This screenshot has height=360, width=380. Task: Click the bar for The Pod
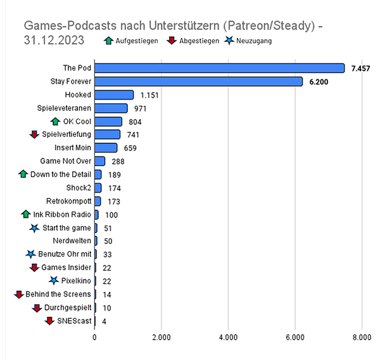point(219,68)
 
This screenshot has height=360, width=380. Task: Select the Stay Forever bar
point(198,82)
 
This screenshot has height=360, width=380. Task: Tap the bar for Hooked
point(114,95)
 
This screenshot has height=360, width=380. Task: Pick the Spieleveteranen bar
point(111,108)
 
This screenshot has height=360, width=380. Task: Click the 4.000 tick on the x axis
point(228,337)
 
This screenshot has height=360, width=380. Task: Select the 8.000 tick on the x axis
point(362,337)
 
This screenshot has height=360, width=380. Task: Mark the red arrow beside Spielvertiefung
point(35,135)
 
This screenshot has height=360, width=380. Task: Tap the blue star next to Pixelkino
point(54,281)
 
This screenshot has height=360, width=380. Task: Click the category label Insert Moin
point(70,148)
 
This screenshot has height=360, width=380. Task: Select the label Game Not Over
point(65,161)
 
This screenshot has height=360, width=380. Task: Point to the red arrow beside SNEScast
point(49,321)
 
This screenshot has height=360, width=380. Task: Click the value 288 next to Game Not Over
point(116,162)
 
